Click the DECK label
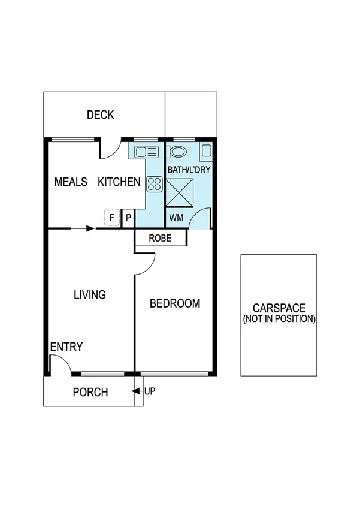[100, 115]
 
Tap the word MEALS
[71, 182]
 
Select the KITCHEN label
[119, 182]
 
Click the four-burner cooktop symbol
[155, 184]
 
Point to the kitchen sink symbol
[146, 151]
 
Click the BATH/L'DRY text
[189, 170]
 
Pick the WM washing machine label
[176, 217]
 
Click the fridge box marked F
[111, 217]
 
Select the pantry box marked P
[128, 218]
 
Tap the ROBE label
[160, 238]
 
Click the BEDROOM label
[174, 303]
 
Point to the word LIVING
[90, 294]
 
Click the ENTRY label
[66, 347]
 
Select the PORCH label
[90, 393]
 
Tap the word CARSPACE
[279, 308]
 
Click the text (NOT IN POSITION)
[279, 319]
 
